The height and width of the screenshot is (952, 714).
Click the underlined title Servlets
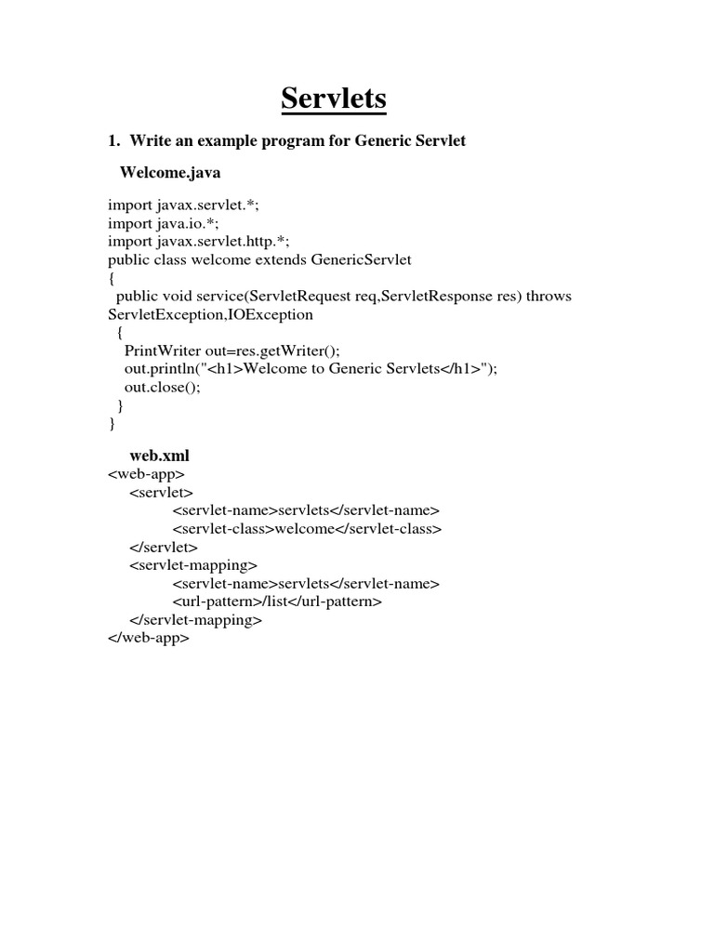pos(334,99)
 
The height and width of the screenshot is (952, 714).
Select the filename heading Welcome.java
pos(170,173)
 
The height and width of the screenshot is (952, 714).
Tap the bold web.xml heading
pos(159,456)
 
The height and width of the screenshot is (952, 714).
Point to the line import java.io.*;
pos(166,223)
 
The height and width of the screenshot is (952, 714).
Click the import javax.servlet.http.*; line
pos(199,241)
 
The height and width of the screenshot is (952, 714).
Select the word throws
pos(549,296)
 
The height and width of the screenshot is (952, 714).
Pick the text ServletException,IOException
pos(211,314)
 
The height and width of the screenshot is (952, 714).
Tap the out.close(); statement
pos(162,387)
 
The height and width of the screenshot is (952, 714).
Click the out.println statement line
pos(311,369)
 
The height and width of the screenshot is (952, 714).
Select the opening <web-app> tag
pos(147,474)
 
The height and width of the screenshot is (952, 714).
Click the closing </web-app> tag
pos(149,638)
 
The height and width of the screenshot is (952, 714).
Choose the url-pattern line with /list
pos(277,602)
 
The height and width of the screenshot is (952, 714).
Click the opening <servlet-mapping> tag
pos(193,565)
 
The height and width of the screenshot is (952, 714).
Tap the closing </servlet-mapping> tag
pos(196,620)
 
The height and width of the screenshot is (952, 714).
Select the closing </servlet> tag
pos(164,547)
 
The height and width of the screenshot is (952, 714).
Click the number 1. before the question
pos(114,140)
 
